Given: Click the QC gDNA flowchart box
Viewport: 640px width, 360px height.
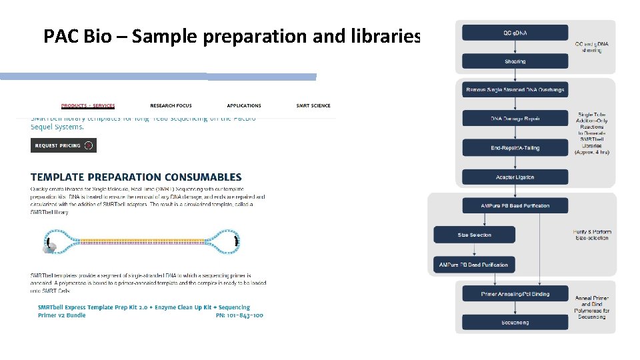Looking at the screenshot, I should click(x=515, y=32).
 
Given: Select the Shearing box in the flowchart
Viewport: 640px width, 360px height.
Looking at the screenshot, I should click(x=515, y=61).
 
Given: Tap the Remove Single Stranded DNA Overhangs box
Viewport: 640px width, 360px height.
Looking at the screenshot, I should click(x=515, y=89).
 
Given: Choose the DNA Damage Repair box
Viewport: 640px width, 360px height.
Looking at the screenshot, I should click(x=515, y=119).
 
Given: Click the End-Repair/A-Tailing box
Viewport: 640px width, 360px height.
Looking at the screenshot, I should click(x=515, y=147).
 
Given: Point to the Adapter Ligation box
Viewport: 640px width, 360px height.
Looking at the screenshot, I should click(x=515, y=177).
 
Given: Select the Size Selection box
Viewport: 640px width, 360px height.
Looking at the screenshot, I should click(x=474, y=235).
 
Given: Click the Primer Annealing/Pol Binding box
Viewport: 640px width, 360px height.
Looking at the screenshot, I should click(x=515, y=293).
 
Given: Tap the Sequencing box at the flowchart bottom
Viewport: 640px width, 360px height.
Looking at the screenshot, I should click(x=515, y=322).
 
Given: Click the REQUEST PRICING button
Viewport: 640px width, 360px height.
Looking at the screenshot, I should click(x=63, y=145).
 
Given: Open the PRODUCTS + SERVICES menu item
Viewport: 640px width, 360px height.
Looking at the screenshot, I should click(x=88, y=105).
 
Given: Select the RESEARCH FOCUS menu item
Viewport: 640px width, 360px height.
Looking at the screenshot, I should click(x=171, y=105).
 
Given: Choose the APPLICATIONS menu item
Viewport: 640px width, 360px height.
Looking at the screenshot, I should click(x=244, y=105).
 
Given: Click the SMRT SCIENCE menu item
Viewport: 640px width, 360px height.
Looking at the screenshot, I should click(x=313, y=105).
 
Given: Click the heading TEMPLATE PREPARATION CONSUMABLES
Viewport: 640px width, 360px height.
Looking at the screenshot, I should click(x=136, y=177).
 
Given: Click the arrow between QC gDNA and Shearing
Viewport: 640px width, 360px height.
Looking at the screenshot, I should click(x=515, y=47).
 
